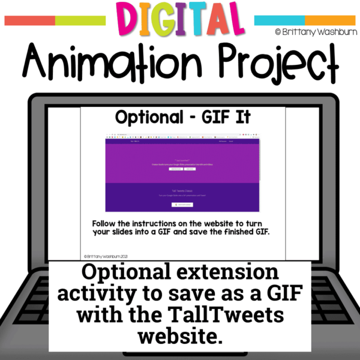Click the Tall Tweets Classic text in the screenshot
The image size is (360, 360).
180,190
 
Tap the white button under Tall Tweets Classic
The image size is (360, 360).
180,205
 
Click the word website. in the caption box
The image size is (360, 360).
180,336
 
